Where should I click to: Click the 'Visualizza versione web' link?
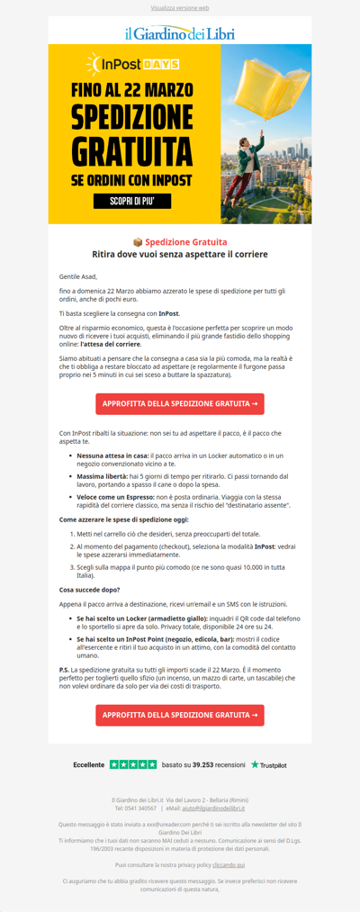pos(180,7)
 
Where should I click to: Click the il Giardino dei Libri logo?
pos(180,33)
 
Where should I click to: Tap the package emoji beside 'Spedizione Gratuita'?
pos(138,242)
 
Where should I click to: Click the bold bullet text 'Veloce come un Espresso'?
pos(115,496)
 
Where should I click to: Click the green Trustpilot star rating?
pos(133,764)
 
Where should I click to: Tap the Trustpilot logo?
pos(269,764)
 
